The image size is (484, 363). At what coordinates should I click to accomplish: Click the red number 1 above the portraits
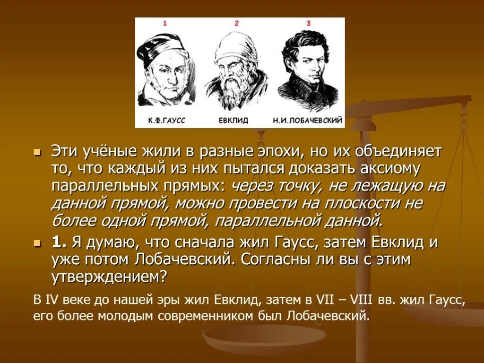(x=165, y=23)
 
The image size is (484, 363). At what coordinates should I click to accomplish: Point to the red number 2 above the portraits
(x=236, y=23)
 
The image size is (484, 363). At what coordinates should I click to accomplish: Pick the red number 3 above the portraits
(x=308, y=23)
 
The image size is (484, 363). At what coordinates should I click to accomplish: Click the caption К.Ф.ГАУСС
(x=166, y=121)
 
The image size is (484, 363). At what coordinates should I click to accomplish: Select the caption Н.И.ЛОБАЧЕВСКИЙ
(x=307, y=121)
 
